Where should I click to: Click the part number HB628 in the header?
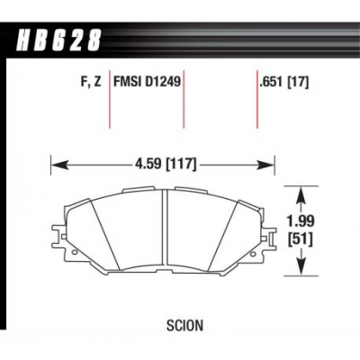[x=59, y=40]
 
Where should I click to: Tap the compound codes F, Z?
[x=91, y=82]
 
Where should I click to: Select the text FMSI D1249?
[x=147, y=81]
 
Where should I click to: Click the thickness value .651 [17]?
[x=284, y=82]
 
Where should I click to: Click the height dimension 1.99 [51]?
[x=300, y=230]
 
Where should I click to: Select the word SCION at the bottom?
[x=184, y=326]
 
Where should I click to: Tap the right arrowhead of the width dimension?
[x=266, y=165]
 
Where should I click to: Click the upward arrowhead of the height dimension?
[x=301, y=196]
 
